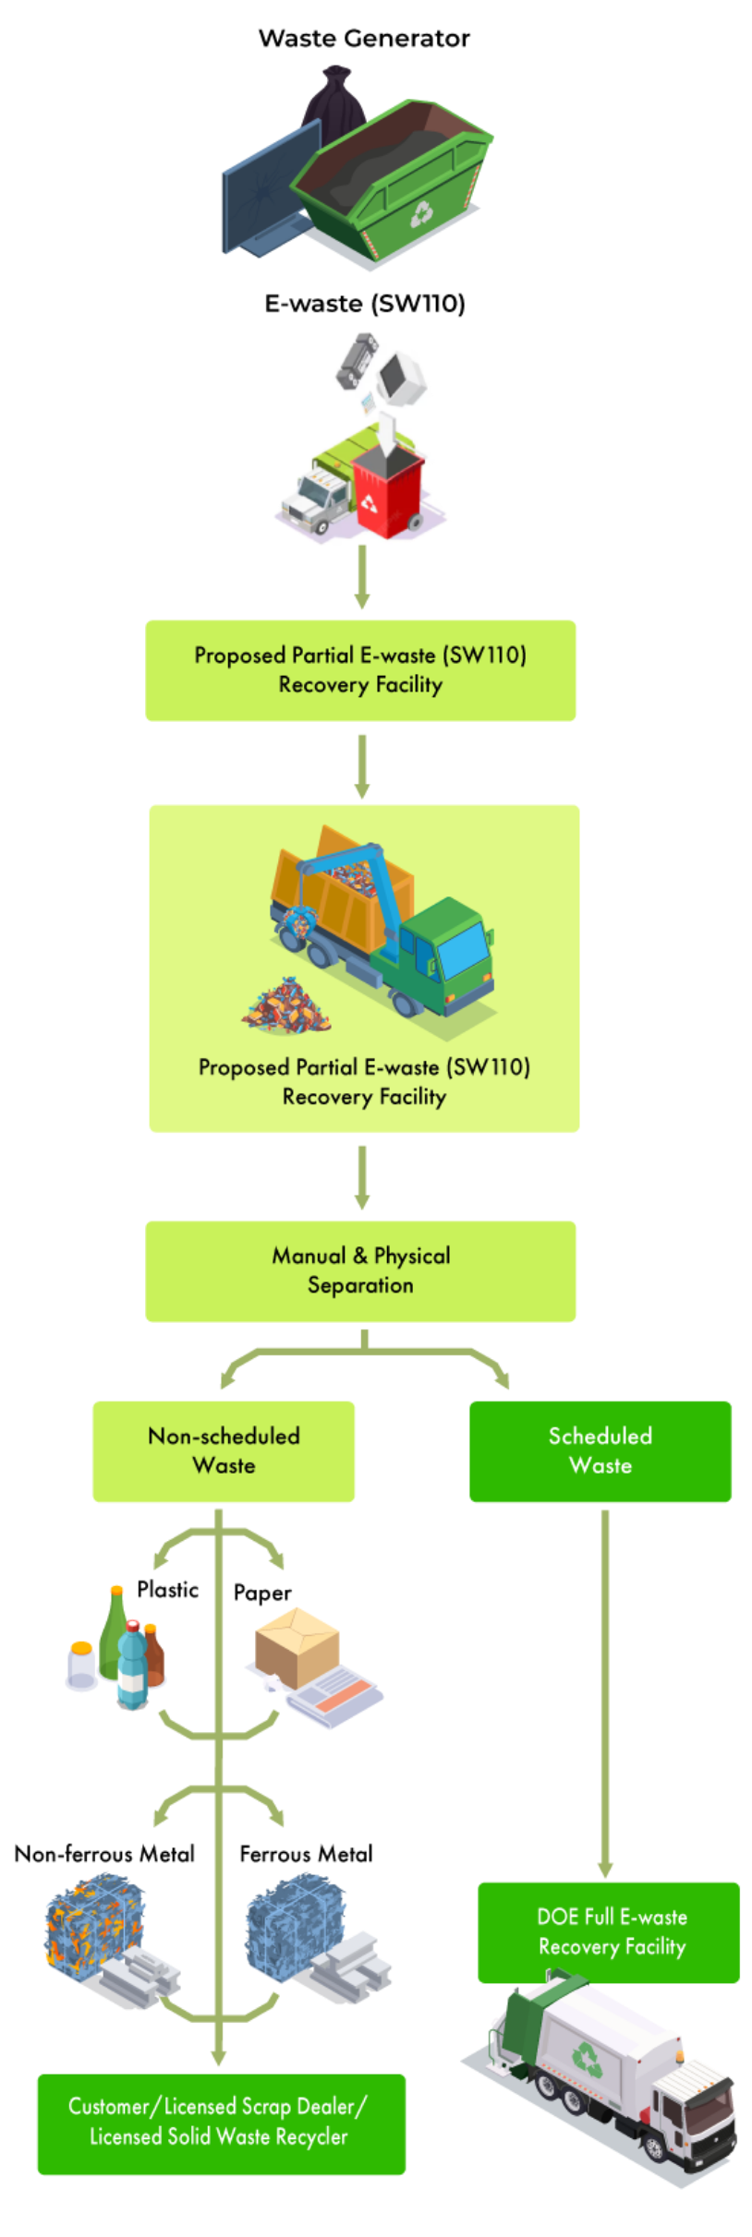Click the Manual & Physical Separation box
(x=360, y=1270)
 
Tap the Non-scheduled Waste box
(x=224, y=1450)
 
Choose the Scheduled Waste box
(x=600, y=1450)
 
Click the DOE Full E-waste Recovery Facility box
(x=610, y=1931)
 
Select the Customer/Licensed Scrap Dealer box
(x=220, y=2122)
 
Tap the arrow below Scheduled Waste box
(x=605, y=1690)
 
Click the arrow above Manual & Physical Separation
(x=362, y=1177)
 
